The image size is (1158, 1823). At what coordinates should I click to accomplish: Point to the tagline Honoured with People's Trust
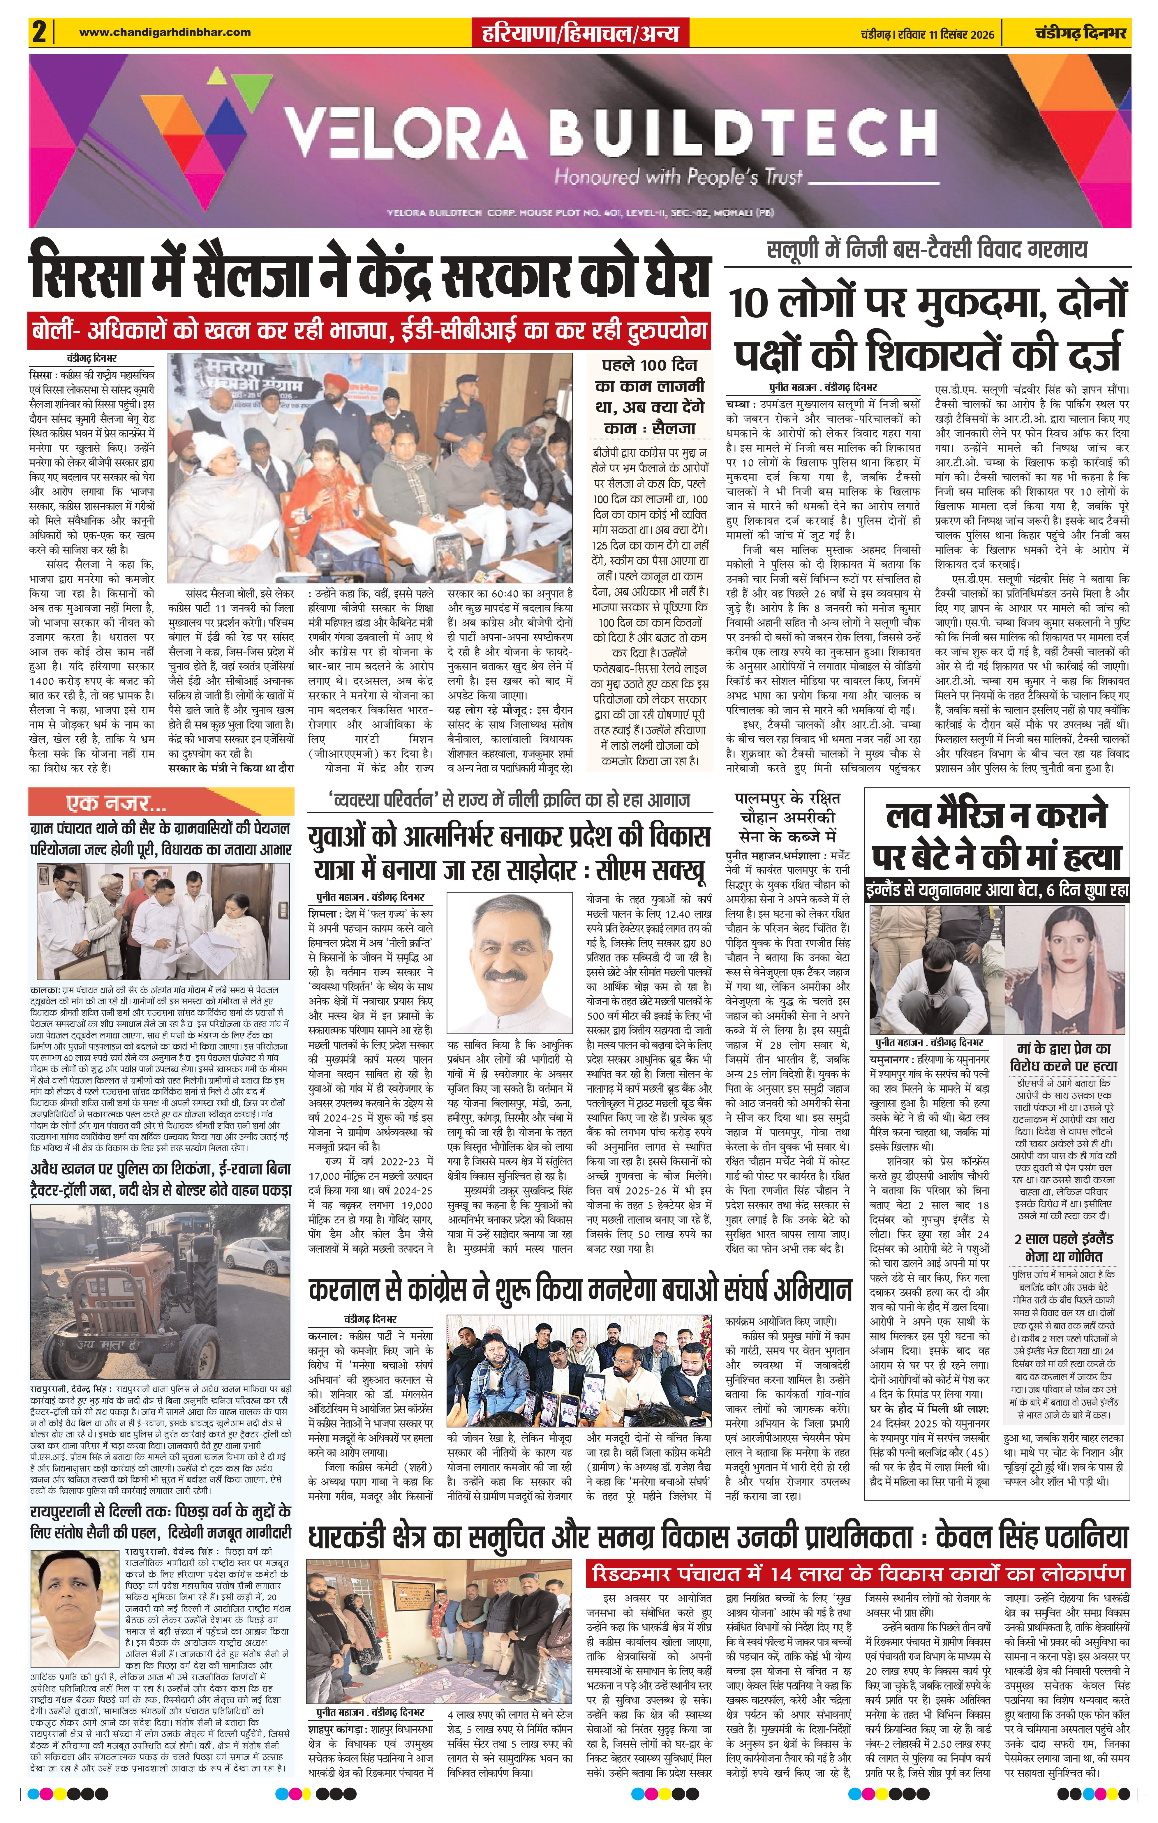tap(678, 177)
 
